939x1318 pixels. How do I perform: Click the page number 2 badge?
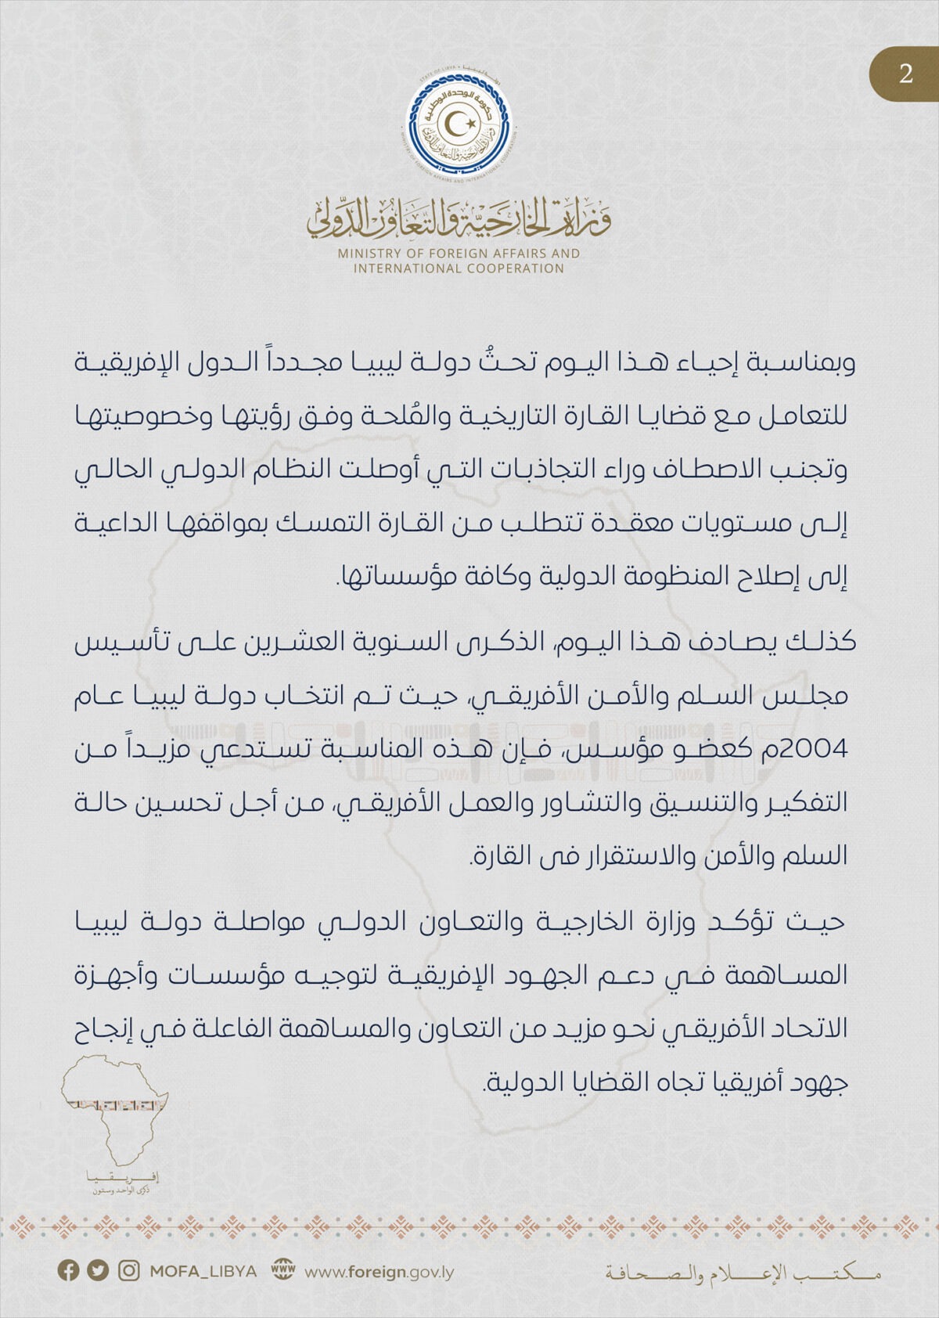(x=905, y=74)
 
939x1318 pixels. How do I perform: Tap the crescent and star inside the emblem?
(x=460, y=123)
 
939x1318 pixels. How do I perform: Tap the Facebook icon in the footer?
(x=69, y=1270)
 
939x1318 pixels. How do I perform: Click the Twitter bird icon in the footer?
(x=98, y=1270)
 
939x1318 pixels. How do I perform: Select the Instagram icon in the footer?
(x=128, y=1270)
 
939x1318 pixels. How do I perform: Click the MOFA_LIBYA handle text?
(x=203, y=1271)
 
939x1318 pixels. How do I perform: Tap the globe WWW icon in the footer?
(x=282, y=1270)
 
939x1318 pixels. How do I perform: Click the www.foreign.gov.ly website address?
(x=379, y=1272)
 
